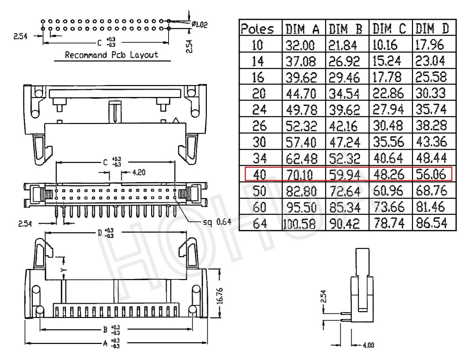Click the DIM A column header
coord(302,29)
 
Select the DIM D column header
coord(432,28)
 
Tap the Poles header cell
coord(257,29)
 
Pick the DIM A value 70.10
coord(300,175)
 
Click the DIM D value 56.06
coord(431,174)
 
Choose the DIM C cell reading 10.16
coord(385,45)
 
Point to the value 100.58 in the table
coord(299,224)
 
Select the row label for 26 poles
coord(259,126)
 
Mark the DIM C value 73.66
coord(389,207)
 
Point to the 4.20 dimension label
coord(139,172)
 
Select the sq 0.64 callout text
coord(217,222)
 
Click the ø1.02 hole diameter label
coord(200,24)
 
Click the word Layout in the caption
coord(144,55)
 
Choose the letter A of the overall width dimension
coord(105,344)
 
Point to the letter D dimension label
coord(100,233)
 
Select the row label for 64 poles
coord(260,223)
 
